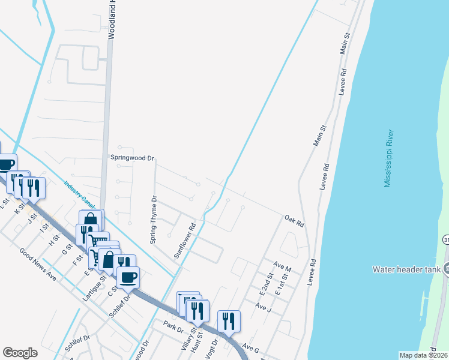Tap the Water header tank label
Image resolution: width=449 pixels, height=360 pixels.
(408, 269)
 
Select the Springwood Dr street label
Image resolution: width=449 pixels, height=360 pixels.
(133, 158)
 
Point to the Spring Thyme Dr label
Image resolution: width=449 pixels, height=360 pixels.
(154, 220)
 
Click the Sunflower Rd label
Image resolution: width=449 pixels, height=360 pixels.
(185, 241)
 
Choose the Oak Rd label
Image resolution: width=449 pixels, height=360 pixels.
(295, 220)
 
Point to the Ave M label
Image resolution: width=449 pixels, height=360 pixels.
(282, 265)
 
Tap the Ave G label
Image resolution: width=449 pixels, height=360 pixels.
(250, 347)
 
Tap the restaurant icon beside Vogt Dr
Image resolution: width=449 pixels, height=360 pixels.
(229, 320)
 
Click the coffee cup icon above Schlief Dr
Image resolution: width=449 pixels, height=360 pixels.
(128, 277)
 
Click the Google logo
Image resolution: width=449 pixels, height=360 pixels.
(20, 352)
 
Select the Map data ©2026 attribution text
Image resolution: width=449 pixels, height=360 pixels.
(423, 355)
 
